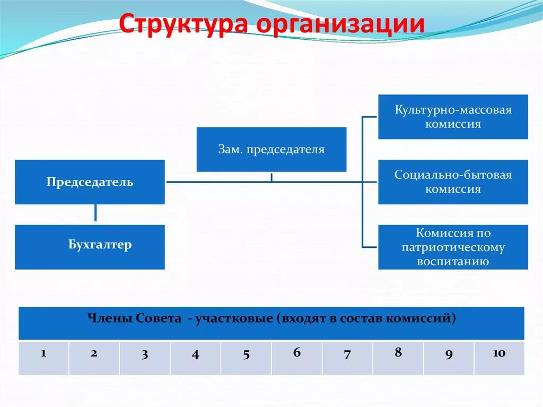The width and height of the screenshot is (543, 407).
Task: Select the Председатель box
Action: point(90,182)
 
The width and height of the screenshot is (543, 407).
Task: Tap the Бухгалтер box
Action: point(90,247)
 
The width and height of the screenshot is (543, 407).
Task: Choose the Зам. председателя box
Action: point(271,149)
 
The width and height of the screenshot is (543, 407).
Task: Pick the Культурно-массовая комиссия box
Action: point(453,117)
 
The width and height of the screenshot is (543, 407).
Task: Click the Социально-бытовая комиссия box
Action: point(453,182)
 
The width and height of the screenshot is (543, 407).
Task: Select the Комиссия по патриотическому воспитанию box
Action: point(453,247)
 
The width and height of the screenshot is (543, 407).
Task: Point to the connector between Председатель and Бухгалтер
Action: point(95,213)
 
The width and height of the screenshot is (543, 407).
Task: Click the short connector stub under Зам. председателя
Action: point(271,177)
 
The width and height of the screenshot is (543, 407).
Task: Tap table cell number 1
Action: point(43,358)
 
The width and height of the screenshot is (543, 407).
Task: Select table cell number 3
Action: point(145,358)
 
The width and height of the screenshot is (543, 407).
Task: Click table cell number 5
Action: point(246,358)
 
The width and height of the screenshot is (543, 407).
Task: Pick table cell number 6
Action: point(296,358)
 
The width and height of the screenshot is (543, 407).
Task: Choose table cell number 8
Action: point(398,358)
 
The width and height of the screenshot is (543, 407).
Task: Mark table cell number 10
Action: point(499,358)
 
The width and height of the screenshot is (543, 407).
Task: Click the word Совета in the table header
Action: point(157,319)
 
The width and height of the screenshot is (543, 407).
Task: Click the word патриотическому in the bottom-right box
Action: point(453,247)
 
